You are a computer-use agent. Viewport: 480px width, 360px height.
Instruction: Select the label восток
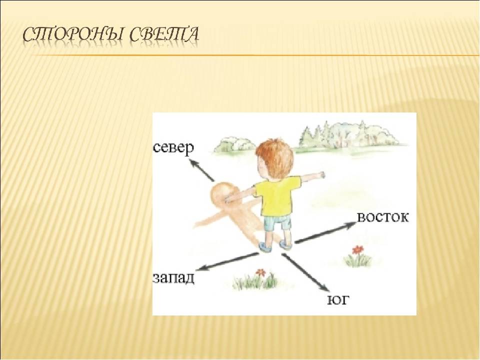click(382, 217)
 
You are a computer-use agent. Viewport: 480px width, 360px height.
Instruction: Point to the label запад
click(173, 278)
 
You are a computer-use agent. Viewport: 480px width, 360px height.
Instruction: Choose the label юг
click(338, 300)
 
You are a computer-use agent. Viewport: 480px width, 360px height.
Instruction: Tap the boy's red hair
click(275, 157)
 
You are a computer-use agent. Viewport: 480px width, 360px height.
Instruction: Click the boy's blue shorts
click(277, 222)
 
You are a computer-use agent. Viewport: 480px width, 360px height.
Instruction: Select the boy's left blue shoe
click(265, 246)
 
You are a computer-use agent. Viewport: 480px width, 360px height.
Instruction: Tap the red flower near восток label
click(356, 250)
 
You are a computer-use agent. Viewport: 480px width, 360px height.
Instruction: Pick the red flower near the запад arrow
click(260, 272)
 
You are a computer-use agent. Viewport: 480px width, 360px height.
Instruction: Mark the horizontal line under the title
click(251, 55)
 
